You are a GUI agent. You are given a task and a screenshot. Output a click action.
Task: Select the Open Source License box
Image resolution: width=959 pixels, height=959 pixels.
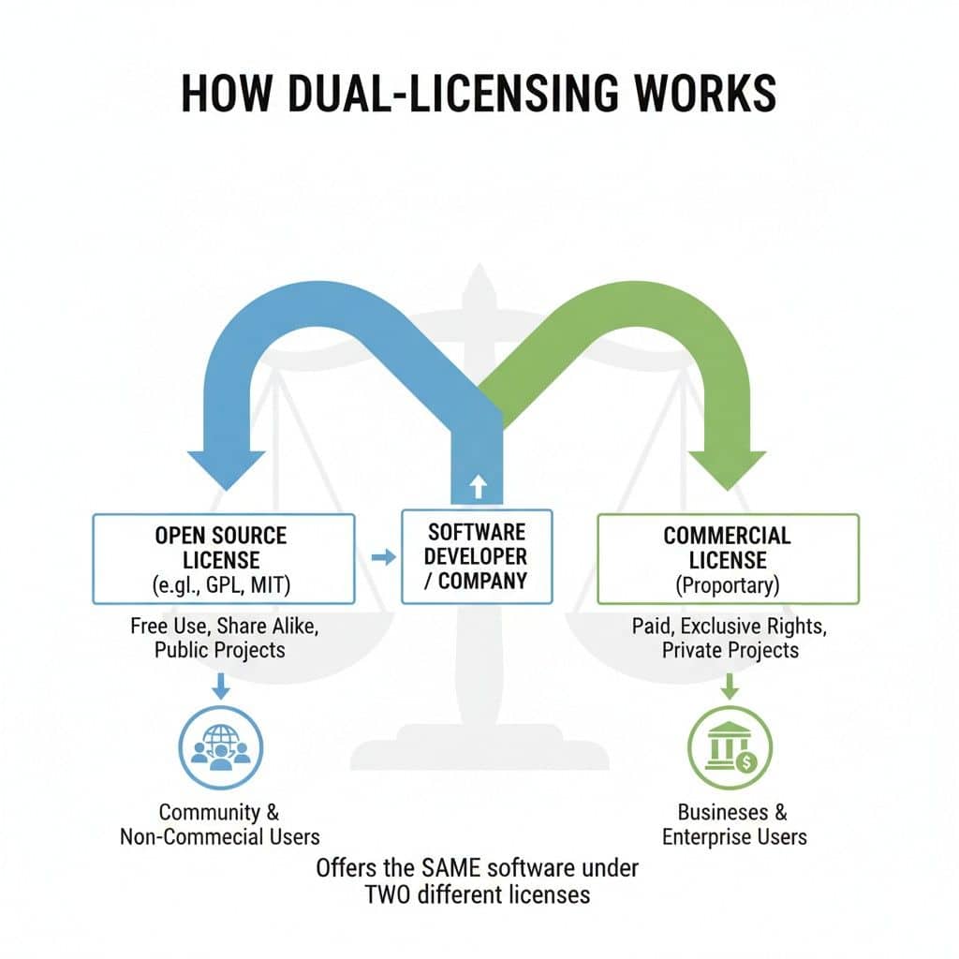(x=222, y=559)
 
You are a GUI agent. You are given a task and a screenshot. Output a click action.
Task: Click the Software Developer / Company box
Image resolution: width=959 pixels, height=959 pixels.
(x=476, y=555)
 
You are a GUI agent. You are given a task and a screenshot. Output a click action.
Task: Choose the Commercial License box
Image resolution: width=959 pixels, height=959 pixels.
(x=728, y=559)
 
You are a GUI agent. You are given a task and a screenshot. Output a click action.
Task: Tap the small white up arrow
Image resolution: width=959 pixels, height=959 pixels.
(x=477, y=485)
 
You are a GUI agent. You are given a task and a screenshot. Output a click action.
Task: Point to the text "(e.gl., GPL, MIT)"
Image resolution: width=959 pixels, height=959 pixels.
(x=222, y=587)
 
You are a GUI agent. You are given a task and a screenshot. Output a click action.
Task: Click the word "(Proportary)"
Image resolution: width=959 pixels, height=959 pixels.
(x=728, y=587)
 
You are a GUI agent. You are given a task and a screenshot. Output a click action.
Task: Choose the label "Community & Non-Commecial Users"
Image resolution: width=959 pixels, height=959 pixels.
(x=220, y=824)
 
